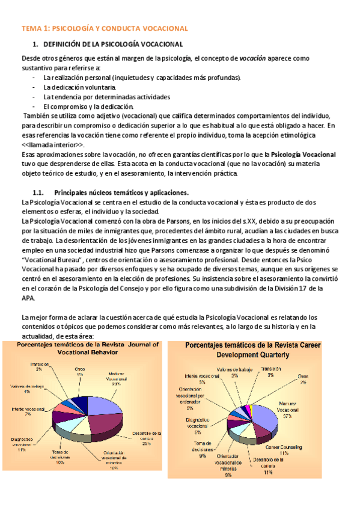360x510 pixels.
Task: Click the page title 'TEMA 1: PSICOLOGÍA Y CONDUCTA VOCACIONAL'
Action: click(x=105, y=28)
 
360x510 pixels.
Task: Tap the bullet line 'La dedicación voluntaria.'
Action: click(x=79, y=87)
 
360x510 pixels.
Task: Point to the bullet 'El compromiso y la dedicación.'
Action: click(x=88, y=106)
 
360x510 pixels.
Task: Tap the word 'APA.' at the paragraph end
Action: click(x=29, y=298)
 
